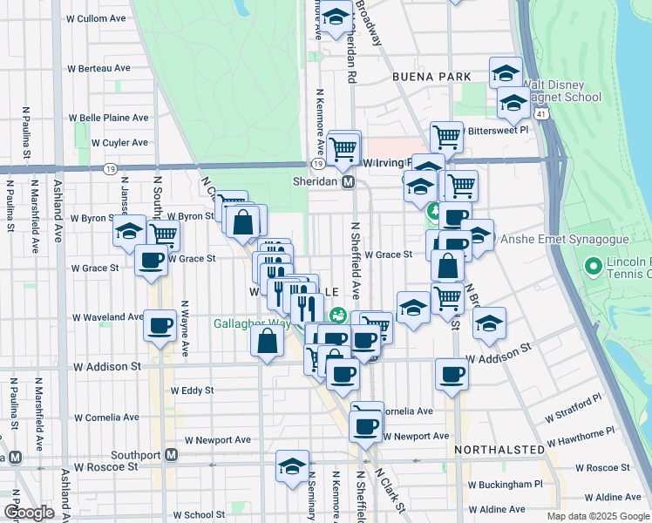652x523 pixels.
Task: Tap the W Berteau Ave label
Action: [x=98, y=68]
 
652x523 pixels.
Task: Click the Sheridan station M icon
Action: [x=348, y=182]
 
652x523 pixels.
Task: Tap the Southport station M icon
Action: [x=172, y=455]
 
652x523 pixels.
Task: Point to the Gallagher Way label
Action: [x=253, y=323]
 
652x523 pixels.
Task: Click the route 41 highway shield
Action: [x=542, y=114]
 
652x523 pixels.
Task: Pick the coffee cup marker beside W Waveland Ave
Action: [x=160, y=326]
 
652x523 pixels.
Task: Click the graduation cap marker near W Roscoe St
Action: [x=292, y=465]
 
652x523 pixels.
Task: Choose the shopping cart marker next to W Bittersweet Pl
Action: [x=446, y=136]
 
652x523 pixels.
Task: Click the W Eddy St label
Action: [x=193, y=391]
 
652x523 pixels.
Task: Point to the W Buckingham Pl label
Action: [x=505, y=484]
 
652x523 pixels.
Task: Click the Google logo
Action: [x=28, y=513]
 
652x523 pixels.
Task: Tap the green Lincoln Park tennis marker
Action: [x=593, y=264]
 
